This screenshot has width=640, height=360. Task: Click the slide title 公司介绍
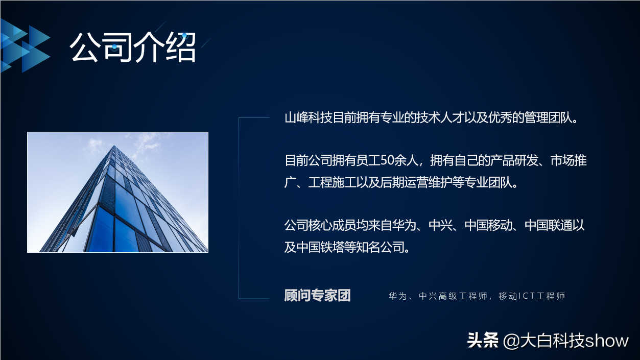point(133,47)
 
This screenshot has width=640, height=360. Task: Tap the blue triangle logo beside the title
point(25,46)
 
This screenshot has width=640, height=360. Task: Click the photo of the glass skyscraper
point(117,192)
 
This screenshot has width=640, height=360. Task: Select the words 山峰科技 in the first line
point(309,117)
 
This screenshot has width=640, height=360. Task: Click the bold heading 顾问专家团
point(317,296)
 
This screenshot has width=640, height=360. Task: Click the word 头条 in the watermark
point(483,341)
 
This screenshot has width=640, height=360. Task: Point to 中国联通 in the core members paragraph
point(548,225)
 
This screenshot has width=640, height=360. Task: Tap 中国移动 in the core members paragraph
point(488,225)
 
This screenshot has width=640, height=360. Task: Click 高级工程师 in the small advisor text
point(463,296)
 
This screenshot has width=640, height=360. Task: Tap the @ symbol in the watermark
point(511,342)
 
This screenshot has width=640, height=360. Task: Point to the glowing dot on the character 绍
point(184,36)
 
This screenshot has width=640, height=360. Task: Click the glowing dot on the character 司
point(114,46)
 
